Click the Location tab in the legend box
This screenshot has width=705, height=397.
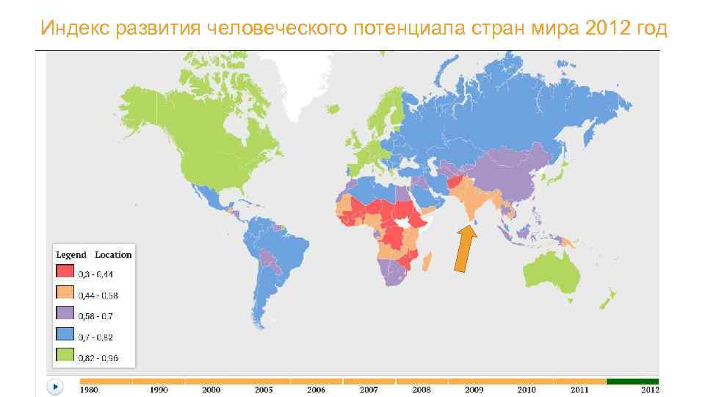pos(113,254)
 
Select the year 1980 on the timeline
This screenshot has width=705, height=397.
pos(89,389)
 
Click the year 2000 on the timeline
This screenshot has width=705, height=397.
pos(211,389)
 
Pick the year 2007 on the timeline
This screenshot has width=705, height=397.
pos(369,389)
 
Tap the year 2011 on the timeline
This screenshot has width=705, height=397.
pos(579,389)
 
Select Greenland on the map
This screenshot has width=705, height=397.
pos(294,81)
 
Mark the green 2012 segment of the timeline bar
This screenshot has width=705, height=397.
pos(632,381)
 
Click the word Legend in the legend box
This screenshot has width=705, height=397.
pos(71,254)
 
